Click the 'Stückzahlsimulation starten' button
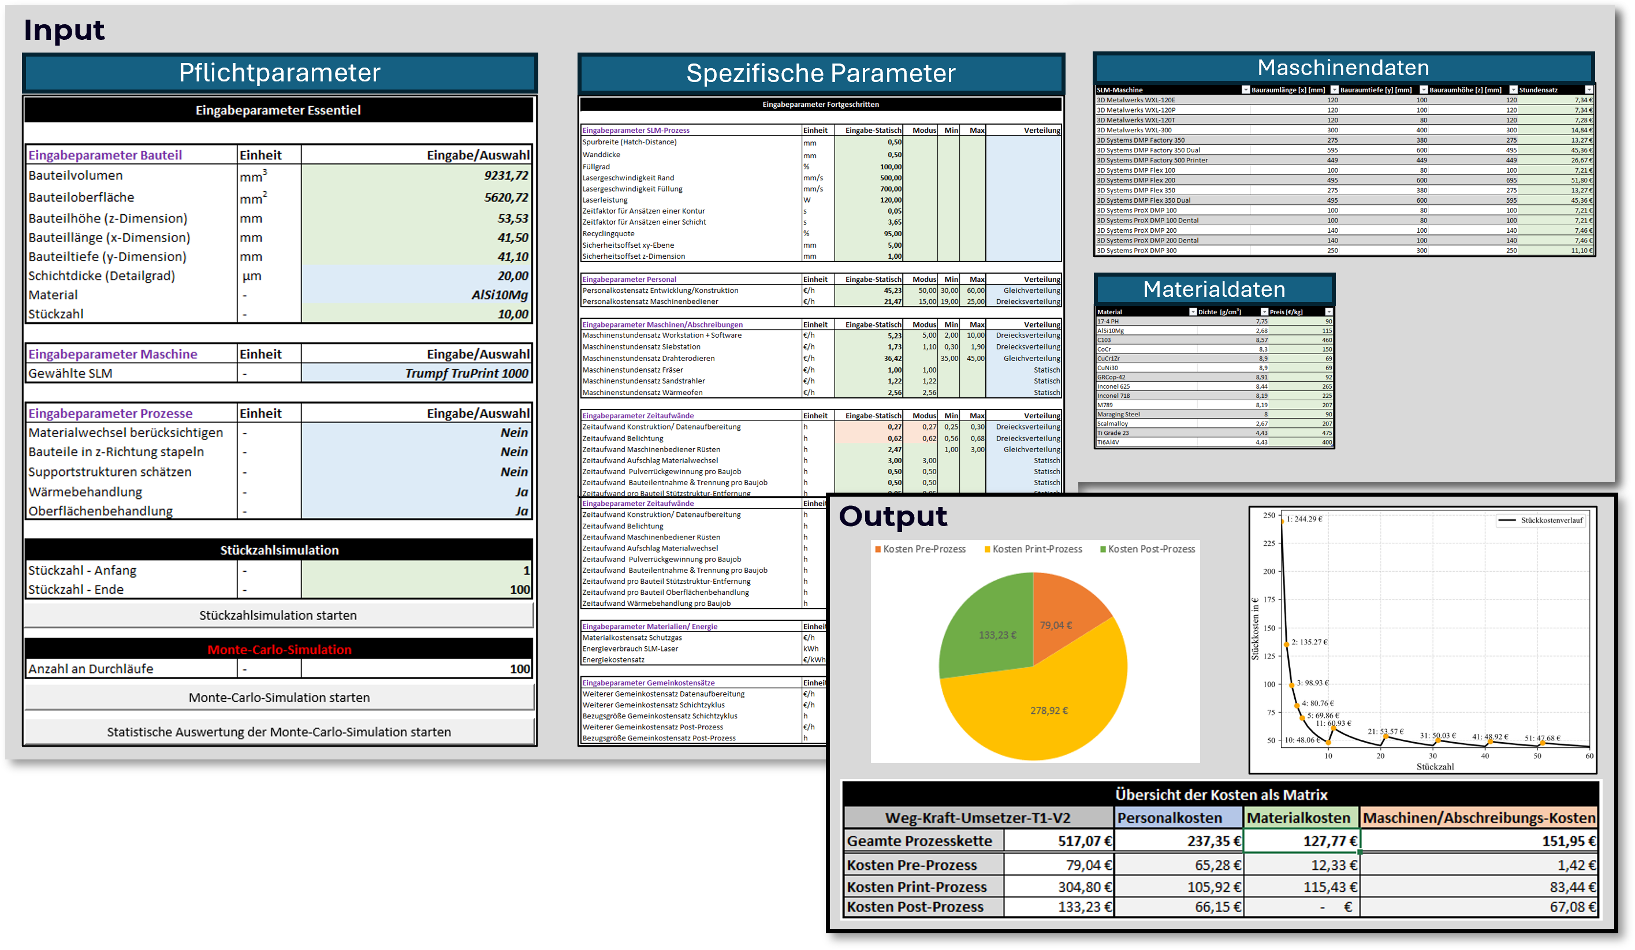click(x=278, y=615)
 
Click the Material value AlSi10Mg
click(x=500, y=295)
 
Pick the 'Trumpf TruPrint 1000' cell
click(x=467, y=374)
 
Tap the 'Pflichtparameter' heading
click(x=280, y=73)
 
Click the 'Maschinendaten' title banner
click(x=1343, y=68)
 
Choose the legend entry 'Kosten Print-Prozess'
click(x=1037, y=550)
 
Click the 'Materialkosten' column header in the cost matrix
click(x=1298, y=818)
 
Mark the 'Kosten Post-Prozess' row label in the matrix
click(x=915, y=907)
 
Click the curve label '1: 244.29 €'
click(x=1304, y=519)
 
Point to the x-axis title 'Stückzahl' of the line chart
click(x=1435, y=767)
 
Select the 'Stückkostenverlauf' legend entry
click(x=1551, y=520)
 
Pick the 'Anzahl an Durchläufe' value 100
click(x=519, y=669)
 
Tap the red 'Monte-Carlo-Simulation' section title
click(x=279, y=650)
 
